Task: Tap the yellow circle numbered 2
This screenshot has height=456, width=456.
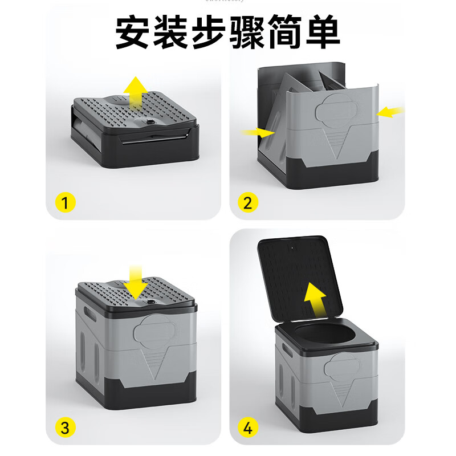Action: pyautogui.click(x=248, y=202)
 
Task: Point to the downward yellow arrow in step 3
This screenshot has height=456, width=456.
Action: pyautogui.click(x=136, y=282)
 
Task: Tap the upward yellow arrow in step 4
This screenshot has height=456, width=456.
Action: pyautogui.click(x=314, y=300)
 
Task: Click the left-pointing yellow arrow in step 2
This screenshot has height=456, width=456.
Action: pyautogui.click(x=390, y=112)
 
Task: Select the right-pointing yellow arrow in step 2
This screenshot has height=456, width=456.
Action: pyautogui.click(x=256, y=132)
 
